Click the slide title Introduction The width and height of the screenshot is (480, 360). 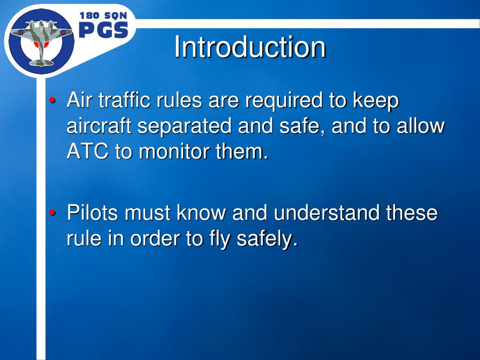pos(250,47)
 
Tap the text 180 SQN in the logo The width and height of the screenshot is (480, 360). pos(103,16)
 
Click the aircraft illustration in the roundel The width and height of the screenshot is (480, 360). pos(41,41)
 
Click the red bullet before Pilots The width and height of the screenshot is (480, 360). pos(53,214)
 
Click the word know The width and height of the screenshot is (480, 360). pos(202,213)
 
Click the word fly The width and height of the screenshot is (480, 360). pos(219,240)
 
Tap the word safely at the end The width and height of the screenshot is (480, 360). pos(267,240)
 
